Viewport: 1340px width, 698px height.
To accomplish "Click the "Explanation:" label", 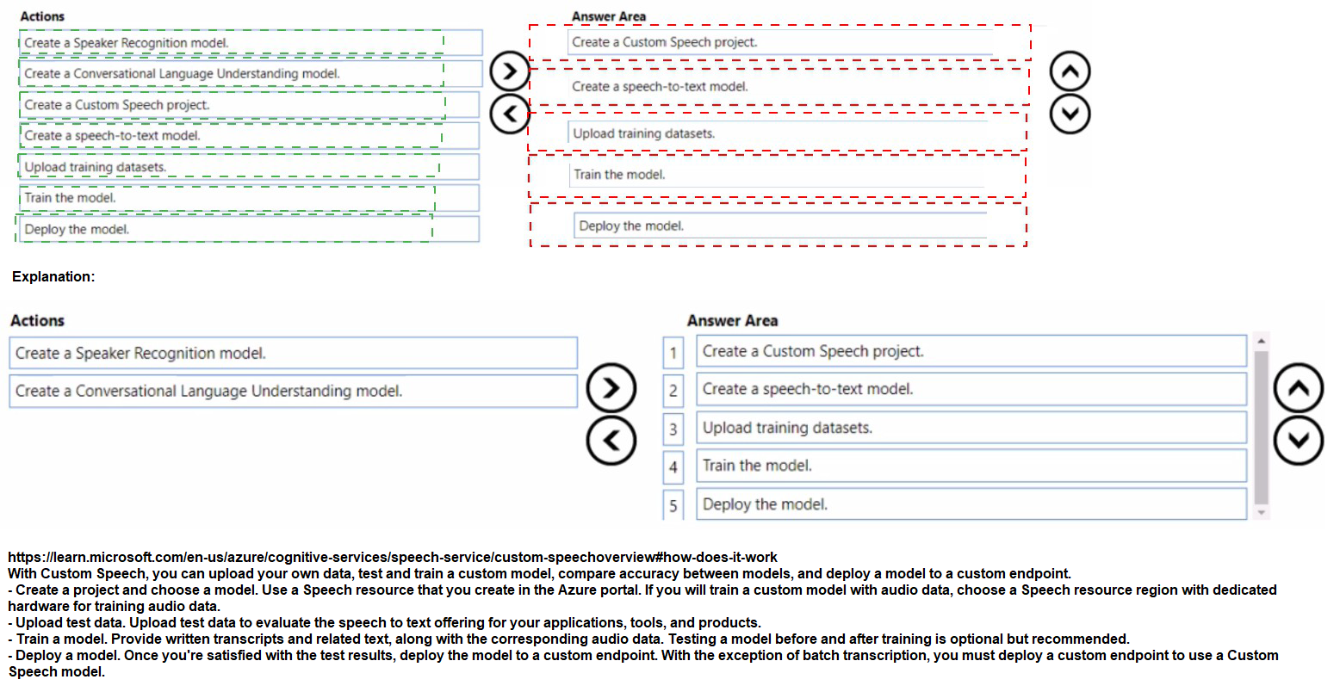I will pyautogui.click(x=53, y=277).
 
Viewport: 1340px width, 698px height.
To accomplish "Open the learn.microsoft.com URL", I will pyautogui.click(x=392, y=557).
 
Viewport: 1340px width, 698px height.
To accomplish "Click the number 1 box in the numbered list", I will pyautogui.click(x=673, y=353).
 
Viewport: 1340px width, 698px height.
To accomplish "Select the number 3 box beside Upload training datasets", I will pyautogui.click(x=673, y=429).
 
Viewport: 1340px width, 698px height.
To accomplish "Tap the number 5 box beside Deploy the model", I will pyautogui.click(x=673, y=505).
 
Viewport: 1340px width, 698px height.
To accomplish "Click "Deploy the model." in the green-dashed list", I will pyautogui.click(x=77, y=229).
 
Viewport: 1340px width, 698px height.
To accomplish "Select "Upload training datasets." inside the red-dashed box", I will pyautogui.click(x=643, y=133).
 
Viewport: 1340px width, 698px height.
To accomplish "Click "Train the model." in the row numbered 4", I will pyautogui.click(x=757, y=466).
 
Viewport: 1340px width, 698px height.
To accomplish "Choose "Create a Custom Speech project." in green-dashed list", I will pyautogui.click(x=117, y=105).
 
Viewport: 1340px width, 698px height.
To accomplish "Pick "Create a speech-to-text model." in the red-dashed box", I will pyautogui.click(x=660, y=86).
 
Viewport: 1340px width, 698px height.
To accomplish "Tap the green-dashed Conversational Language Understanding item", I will pyautogui.click(x=182, y=74).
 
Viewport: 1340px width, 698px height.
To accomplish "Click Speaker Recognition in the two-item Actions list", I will pyautogui.click(x=140, y=353).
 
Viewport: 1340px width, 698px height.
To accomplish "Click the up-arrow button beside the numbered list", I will pyautogui.click(x=1298, y=389).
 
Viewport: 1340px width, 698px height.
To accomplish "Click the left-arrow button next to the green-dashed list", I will pyautogui.click(x=509, y=113).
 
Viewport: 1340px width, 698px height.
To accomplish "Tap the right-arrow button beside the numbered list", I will pyautogui.click(x=611, y=388).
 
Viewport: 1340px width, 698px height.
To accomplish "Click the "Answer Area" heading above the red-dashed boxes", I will pyautogui.click(x=608, y=16).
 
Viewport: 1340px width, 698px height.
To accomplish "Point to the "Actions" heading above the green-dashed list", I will pyautogui.click(x=42, y=16).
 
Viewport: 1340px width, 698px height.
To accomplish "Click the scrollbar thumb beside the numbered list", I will pyautogui.click(x=1261, y=426).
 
